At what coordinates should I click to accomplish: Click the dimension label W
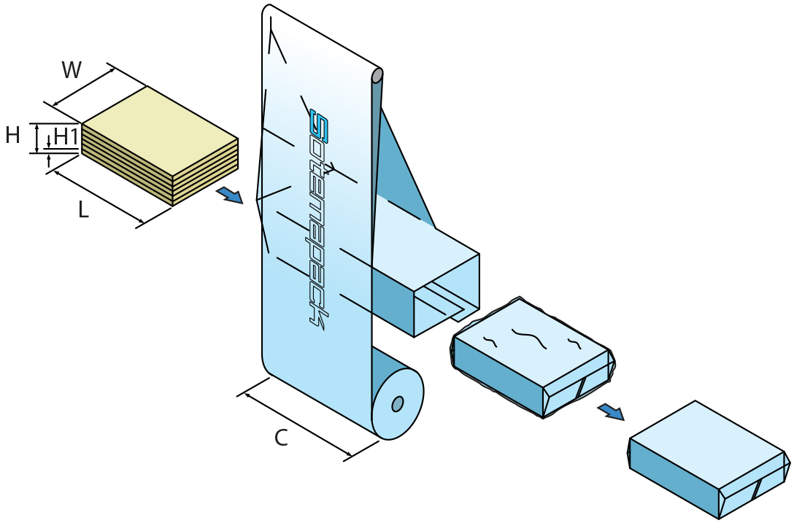[x=72, y=70]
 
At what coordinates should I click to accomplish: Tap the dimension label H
[x=12, y=136]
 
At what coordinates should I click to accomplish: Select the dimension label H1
[x=66, y=136]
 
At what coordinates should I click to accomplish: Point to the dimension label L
[x=83, y=211]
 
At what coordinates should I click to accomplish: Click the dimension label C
[x=281, y=438]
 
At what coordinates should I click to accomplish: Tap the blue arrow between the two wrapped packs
[x=611, y=412]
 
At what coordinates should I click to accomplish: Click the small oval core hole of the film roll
[x=397, y=403]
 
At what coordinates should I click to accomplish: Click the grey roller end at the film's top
[x=377, y=76]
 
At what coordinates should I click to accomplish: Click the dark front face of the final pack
[x=671, y=478]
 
